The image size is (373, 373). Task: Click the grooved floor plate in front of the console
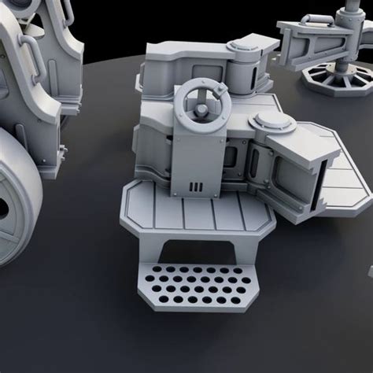pos(197,216)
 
